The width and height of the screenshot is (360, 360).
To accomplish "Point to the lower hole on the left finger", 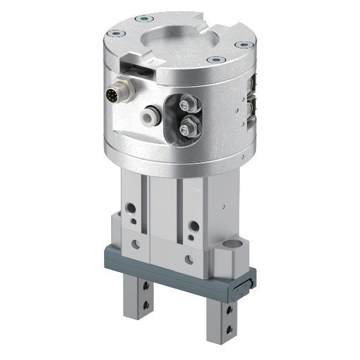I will click(145, 305).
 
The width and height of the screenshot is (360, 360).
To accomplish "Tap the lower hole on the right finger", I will click(228, 328).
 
